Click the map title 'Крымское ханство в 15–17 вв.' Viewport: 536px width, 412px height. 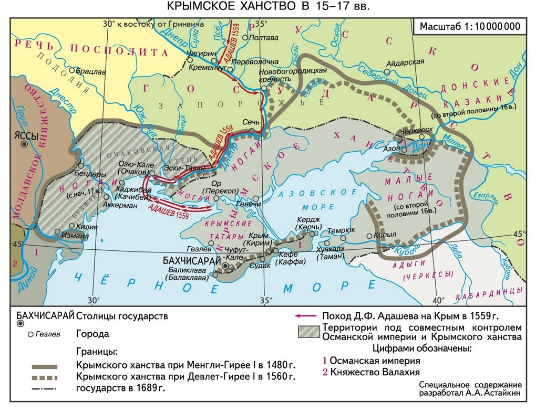268,7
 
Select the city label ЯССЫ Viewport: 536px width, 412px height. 26,135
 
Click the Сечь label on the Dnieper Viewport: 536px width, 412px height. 251,121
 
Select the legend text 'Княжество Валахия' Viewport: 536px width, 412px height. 370,372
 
